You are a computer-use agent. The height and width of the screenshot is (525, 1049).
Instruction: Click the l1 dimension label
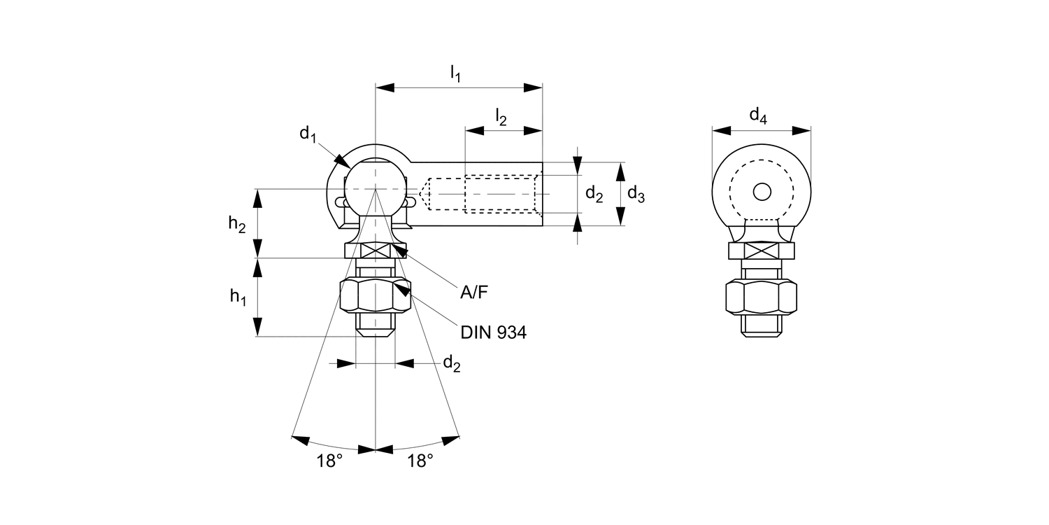455,72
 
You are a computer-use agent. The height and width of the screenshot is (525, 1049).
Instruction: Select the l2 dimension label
501,116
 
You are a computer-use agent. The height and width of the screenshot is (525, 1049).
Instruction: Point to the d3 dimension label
636,194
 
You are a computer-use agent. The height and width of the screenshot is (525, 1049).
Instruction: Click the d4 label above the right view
758,115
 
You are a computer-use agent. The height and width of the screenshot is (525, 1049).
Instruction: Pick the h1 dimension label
238,297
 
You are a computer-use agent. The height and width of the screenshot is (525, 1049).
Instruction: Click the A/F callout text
474,292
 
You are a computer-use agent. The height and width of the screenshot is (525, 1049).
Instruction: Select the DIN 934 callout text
493,332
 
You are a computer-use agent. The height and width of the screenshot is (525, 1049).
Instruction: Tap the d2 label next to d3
594,194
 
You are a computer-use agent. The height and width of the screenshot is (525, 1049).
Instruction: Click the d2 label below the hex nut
452,363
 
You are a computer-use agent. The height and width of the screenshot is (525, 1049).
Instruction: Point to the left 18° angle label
330,461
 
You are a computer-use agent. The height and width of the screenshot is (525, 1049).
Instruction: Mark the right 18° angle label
420,461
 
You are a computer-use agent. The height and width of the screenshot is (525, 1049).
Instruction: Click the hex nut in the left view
376,296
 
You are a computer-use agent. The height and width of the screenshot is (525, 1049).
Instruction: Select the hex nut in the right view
762,297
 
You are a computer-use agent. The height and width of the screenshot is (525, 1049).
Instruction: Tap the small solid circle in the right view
762,191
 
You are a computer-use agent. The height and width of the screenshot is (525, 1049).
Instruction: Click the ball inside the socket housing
376,185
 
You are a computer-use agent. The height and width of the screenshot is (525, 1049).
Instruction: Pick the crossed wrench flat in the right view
762,251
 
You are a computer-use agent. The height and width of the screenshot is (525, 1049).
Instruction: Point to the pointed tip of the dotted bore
422,191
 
